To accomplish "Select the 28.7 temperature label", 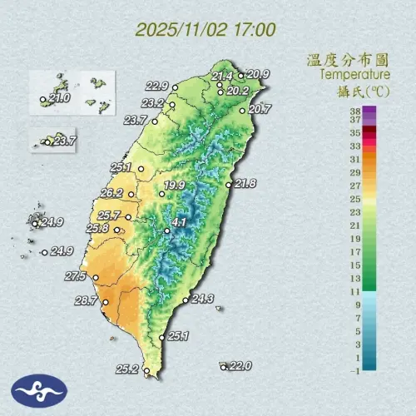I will pyautogui.click(x=87, y=300).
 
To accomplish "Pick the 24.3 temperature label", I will pyautogui.click(x=203, y=299).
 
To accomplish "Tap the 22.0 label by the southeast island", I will pyautogui.click(x=240, y=365).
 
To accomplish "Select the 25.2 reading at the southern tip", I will pyautogui.click(x=127, y=369).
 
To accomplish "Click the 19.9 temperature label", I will pyautogui.click(x=174, y=185).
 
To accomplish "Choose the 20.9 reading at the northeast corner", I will pyautogui.click(x=259, y=74).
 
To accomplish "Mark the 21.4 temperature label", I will pyautogui.click(x=222, y=77).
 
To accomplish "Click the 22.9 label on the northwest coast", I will pyautogui.click(x=157, y=86).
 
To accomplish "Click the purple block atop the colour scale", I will pyautogui.click(x=369, y=110).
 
